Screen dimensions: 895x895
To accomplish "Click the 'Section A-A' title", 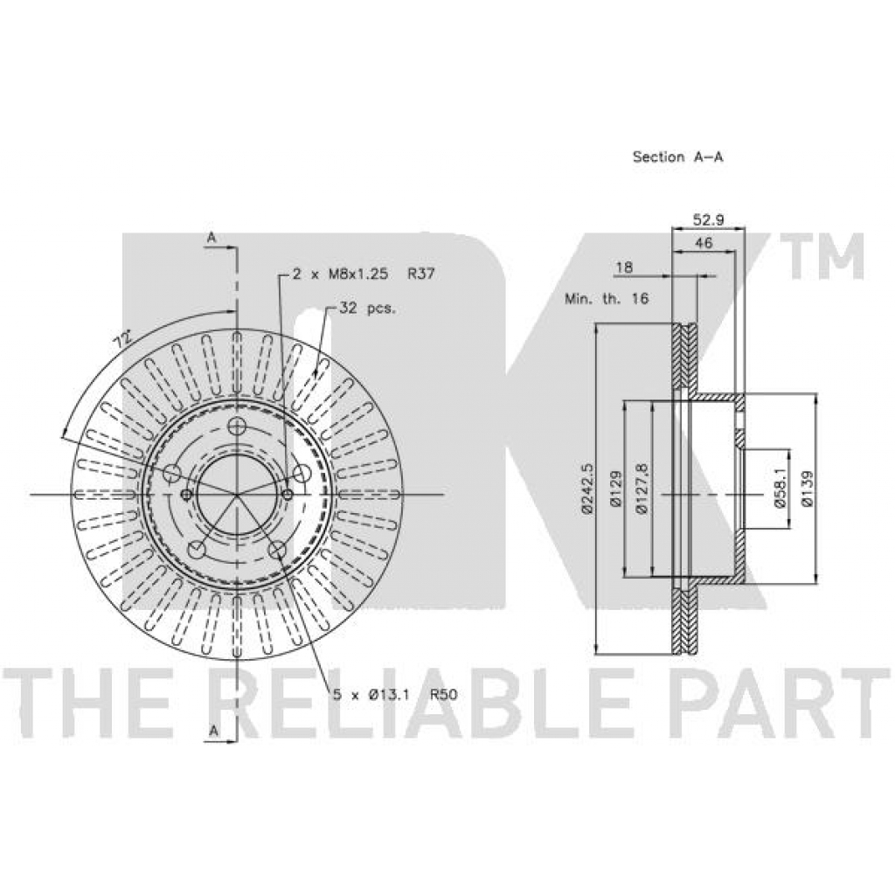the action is coord(677,157).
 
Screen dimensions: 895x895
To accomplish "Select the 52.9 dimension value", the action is coord(708,219).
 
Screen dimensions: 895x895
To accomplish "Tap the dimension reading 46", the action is coord(704,243).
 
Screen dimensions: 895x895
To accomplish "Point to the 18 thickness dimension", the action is coord(624,267).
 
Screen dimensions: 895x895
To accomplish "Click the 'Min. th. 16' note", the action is coord(607,299).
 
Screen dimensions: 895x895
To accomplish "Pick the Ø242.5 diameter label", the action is coord(588,489).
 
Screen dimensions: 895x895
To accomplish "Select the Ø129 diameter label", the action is coord(614,489).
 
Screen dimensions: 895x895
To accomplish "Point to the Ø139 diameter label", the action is coord(807,489).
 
